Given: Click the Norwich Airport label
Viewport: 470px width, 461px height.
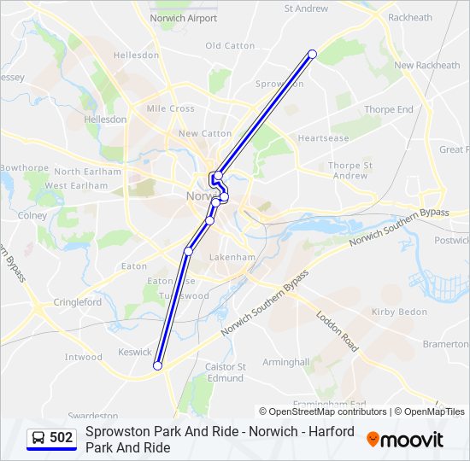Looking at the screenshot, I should click(183, 17).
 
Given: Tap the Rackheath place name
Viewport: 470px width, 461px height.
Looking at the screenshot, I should click(410, 17).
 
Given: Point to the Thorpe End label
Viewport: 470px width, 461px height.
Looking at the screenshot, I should click(388, 109).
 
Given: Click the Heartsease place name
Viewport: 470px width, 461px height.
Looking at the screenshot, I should click(323, 138).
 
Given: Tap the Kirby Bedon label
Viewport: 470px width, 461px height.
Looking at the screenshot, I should click(399, 312).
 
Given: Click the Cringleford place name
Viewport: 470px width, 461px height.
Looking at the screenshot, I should click(78, 302).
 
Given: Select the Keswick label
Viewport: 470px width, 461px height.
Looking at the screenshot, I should click(135, 352).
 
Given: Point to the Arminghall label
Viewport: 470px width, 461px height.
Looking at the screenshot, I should click(285, 362).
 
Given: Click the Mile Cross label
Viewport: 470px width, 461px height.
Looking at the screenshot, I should click(170, 108).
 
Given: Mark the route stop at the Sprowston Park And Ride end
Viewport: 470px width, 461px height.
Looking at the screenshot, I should click(312, 55).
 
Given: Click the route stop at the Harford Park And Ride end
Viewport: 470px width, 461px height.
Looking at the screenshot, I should click(157, 365).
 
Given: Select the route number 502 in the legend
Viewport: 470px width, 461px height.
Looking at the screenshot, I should click(62, 437).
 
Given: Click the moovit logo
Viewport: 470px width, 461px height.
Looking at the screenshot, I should click(405, 440).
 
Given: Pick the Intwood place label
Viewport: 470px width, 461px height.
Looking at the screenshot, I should click(84, 357).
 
